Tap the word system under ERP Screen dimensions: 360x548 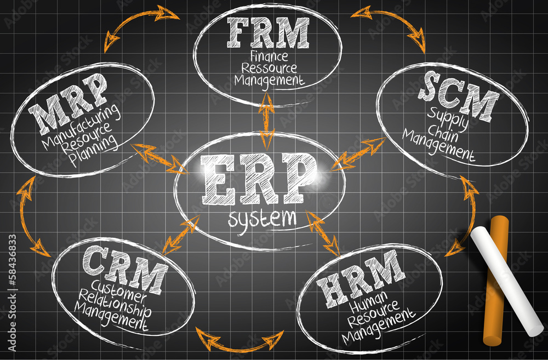pos(262,219)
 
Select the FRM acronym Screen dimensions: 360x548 pos(267,33)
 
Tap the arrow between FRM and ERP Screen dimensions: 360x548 pos(267,121)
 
